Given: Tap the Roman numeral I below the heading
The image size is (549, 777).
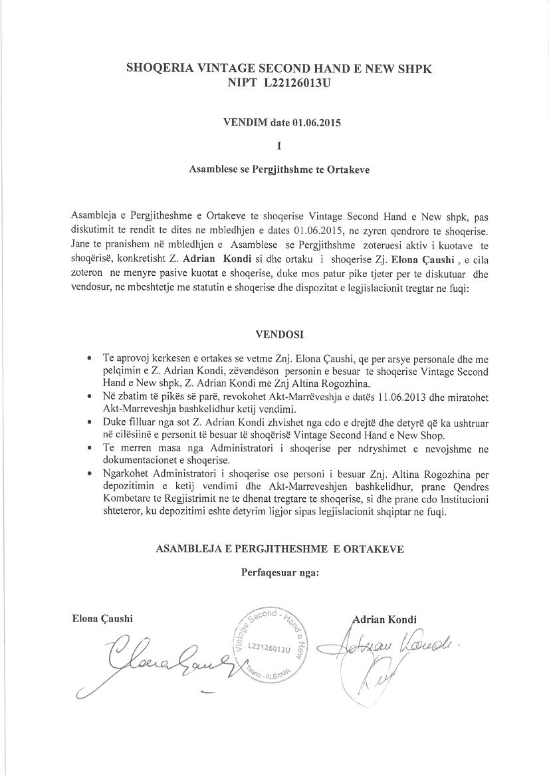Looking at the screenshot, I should click(278, 145).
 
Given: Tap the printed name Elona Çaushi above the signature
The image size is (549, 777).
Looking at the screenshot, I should click(102, 618).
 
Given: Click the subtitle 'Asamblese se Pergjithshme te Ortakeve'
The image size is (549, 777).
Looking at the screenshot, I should click(279, 169).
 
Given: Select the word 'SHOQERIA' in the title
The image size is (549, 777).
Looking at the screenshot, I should click(158, 68).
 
